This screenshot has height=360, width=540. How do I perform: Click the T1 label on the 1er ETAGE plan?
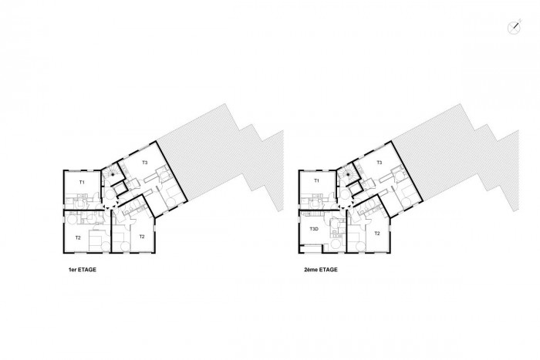82,183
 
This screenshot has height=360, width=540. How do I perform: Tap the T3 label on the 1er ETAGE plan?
145,163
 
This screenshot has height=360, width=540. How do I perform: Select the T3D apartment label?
314,229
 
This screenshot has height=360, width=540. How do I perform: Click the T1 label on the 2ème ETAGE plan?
317,180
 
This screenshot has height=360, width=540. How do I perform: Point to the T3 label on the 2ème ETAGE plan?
380,163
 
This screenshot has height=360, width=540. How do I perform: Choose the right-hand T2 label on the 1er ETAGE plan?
142,237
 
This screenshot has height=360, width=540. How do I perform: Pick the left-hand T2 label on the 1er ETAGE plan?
78,237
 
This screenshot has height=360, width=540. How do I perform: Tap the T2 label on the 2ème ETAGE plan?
377,234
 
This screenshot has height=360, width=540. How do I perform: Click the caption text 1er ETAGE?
83,270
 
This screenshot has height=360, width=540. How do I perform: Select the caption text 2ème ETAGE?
321,270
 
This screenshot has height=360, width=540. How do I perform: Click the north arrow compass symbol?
515,28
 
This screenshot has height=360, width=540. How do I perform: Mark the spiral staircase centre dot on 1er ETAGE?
113,174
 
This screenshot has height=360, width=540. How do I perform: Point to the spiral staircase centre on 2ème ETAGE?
348,174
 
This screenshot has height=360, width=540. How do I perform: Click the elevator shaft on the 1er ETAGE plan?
120,189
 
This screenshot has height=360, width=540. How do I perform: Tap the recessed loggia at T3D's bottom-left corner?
312,249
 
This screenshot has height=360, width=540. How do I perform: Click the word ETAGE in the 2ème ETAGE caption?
328,270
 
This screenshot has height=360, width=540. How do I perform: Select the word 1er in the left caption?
73,270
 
